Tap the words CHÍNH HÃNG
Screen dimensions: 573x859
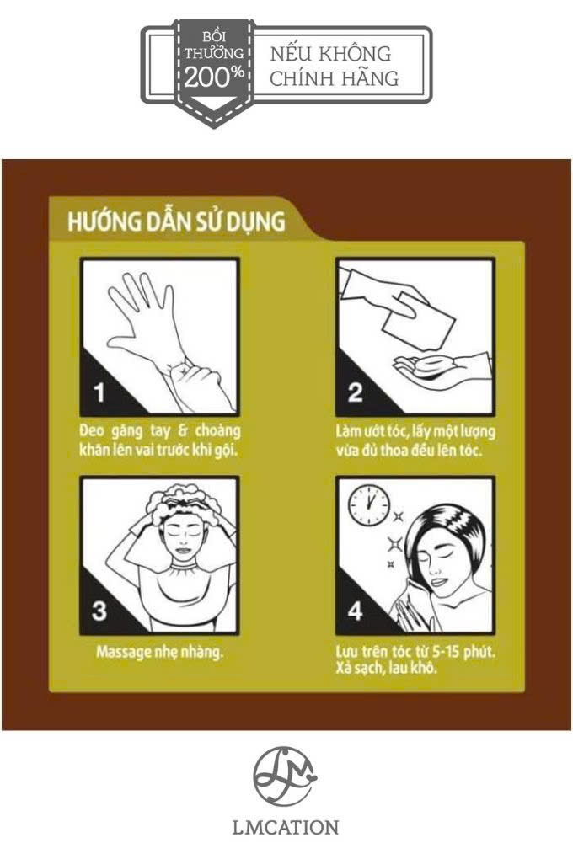click(334, 77)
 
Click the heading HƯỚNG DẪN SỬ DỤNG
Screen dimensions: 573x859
click(177, 221)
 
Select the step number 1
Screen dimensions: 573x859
click(99, 392)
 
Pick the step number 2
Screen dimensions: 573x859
click(356, 392)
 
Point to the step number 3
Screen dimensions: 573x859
click(99, 611)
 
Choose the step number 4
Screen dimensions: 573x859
click(356, 611)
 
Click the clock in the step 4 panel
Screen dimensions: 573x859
click(370, 504)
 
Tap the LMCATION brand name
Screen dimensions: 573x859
click(285, 827)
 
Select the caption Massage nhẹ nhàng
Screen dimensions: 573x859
click(160, 653)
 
